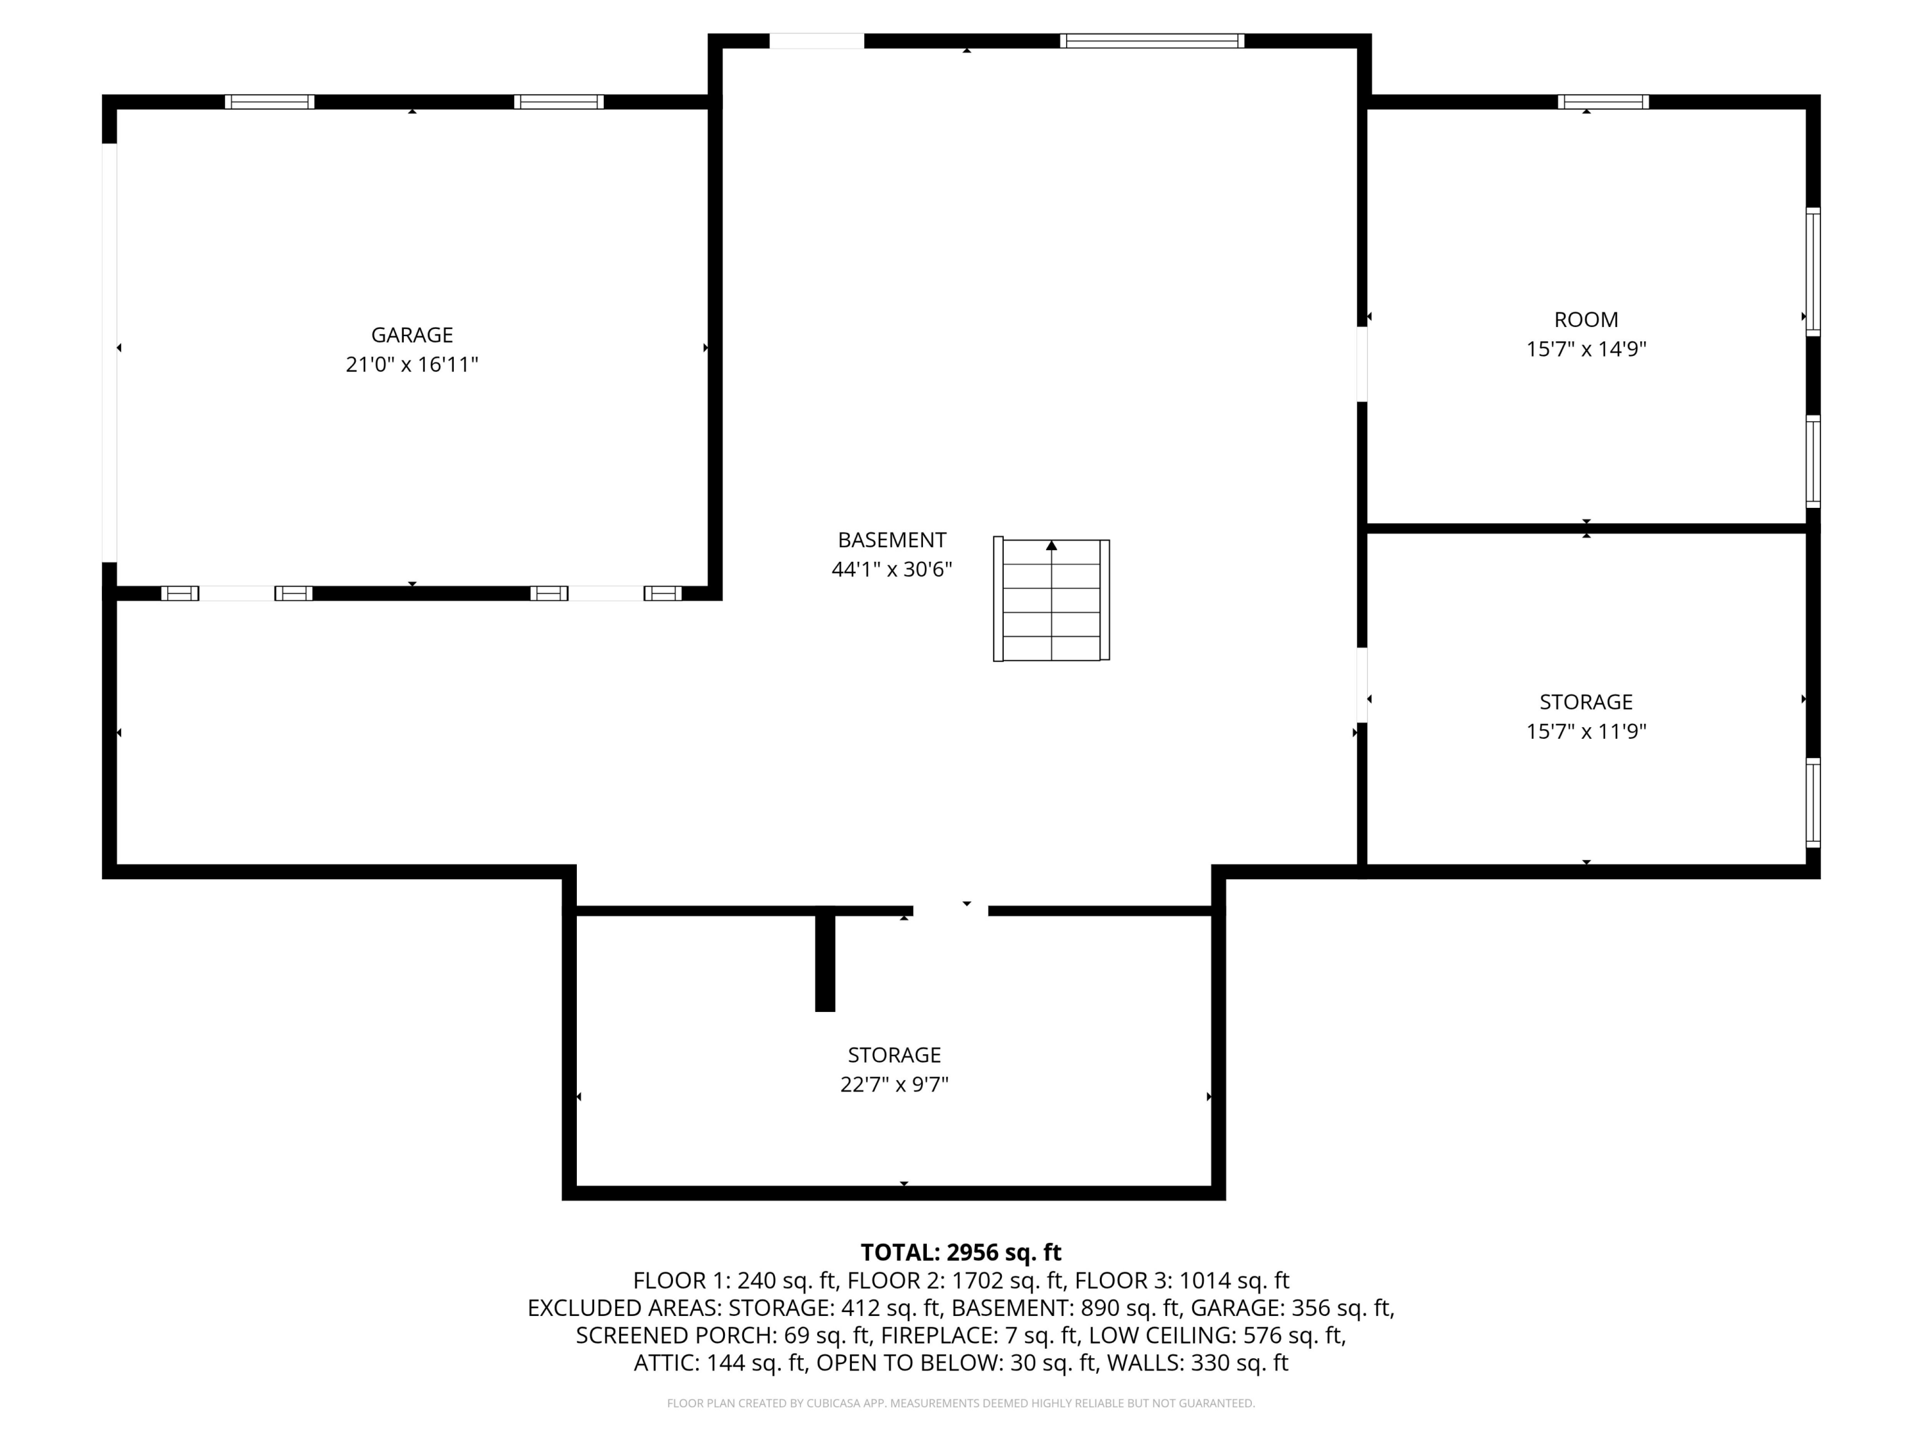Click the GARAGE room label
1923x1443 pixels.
pos(412,335)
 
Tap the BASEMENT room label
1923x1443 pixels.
pos(892,540)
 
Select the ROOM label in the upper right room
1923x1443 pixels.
pos(1586,319)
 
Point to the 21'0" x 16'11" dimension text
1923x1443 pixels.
pos(412,364)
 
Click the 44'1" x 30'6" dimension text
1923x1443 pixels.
pos(892,570)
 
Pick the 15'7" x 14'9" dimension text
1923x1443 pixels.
pos(1586,349)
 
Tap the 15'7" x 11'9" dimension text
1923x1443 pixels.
pos(1586,732)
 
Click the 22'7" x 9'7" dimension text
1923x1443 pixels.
pos(894,1084)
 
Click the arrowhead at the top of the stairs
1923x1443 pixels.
pos(1051,545)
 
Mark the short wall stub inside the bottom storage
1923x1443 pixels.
pos(824,961)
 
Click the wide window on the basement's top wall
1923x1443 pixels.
pos(1152,41)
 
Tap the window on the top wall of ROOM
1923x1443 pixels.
pos(1603,102)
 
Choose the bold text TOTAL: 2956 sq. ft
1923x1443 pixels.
pos(961,1253)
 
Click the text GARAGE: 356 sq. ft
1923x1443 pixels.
pos(1292,1308)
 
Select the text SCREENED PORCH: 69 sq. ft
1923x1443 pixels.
pos(723,1335)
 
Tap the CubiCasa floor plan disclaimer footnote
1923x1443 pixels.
pos(961,1403)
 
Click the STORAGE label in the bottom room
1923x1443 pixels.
pos(894,1055)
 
